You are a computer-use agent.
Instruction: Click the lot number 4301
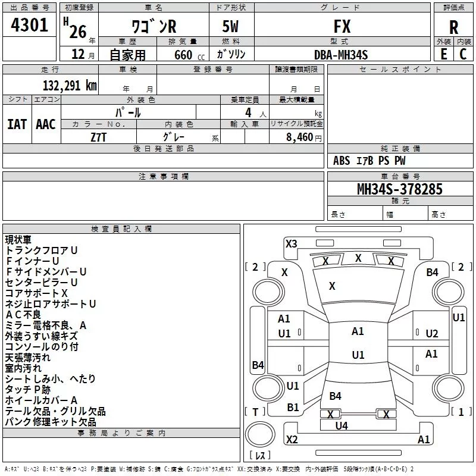pos(30,26)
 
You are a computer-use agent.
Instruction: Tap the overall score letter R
pos(453,27)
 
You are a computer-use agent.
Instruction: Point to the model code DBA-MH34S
pos(341,55)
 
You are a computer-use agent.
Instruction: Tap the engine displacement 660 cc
pos(186,55)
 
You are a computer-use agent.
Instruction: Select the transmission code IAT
pos(17,124)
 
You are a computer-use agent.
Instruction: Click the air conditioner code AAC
pos(46,124)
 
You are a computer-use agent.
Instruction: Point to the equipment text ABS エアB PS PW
pos(369,161)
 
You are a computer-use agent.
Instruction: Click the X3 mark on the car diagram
pos(291,243)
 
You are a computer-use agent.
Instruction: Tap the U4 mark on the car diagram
pos(341,425)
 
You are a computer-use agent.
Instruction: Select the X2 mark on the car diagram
pos(292,439)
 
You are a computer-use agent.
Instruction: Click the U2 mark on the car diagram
pos(431,334)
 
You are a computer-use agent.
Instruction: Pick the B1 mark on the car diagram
pos(293,407)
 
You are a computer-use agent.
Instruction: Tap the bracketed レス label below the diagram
pos(260,456)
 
